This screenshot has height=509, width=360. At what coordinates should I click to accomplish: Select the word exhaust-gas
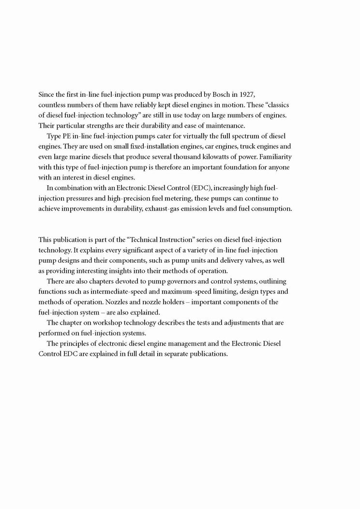(x=180, y=209)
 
